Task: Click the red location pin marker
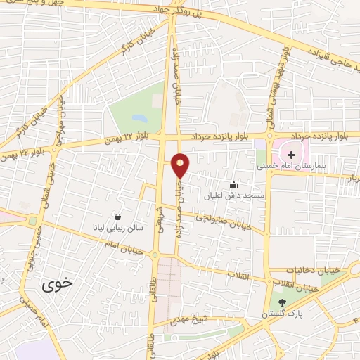coord(180,165)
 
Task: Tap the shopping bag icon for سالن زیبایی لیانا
coord(115,217)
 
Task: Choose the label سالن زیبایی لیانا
coord(117,228)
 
